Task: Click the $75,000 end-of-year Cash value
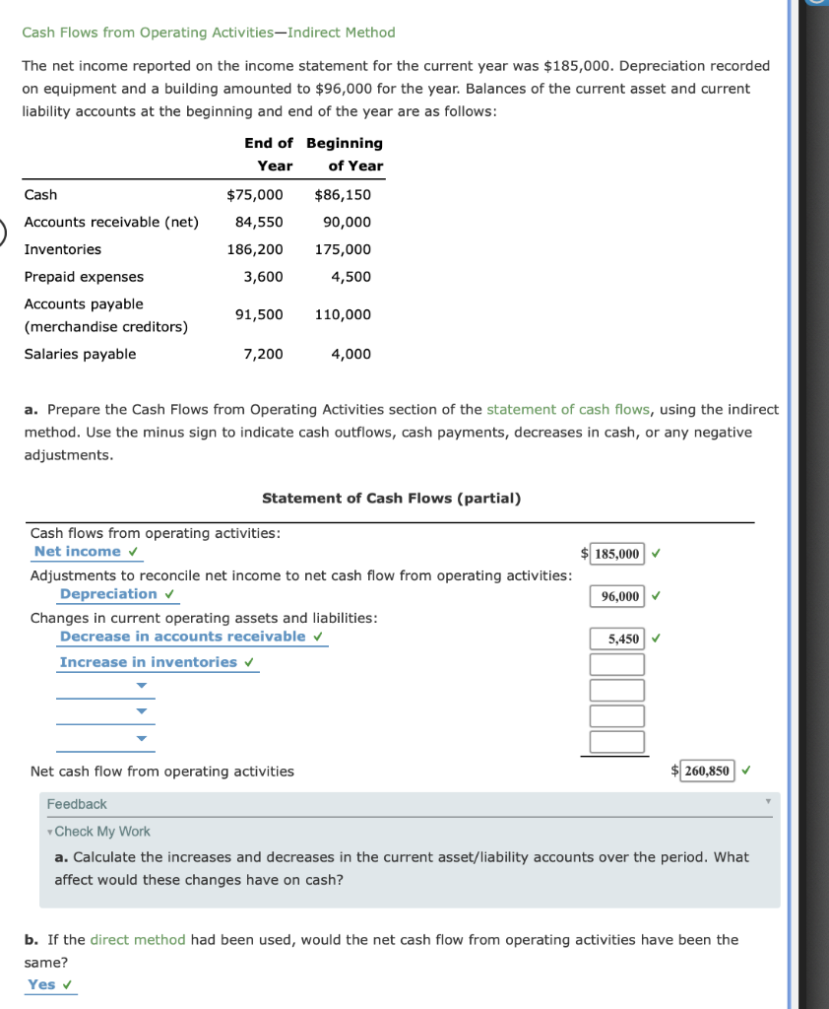255,195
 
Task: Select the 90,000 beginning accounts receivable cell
347,222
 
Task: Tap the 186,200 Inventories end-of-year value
255,249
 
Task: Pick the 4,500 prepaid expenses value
351,277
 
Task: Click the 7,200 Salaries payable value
263,354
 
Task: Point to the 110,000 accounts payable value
343,314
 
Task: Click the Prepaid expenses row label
84,277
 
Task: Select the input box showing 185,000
617,554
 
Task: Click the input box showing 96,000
617,596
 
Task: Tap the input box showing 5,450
617,639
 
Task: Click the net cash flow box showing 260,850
708,771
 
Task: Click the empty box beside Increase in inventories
617,664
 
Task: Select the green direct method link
138,939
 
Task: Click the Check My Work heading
101,832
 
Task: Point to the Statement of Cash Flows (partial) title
391,498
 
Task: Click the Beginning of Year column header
345,155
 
